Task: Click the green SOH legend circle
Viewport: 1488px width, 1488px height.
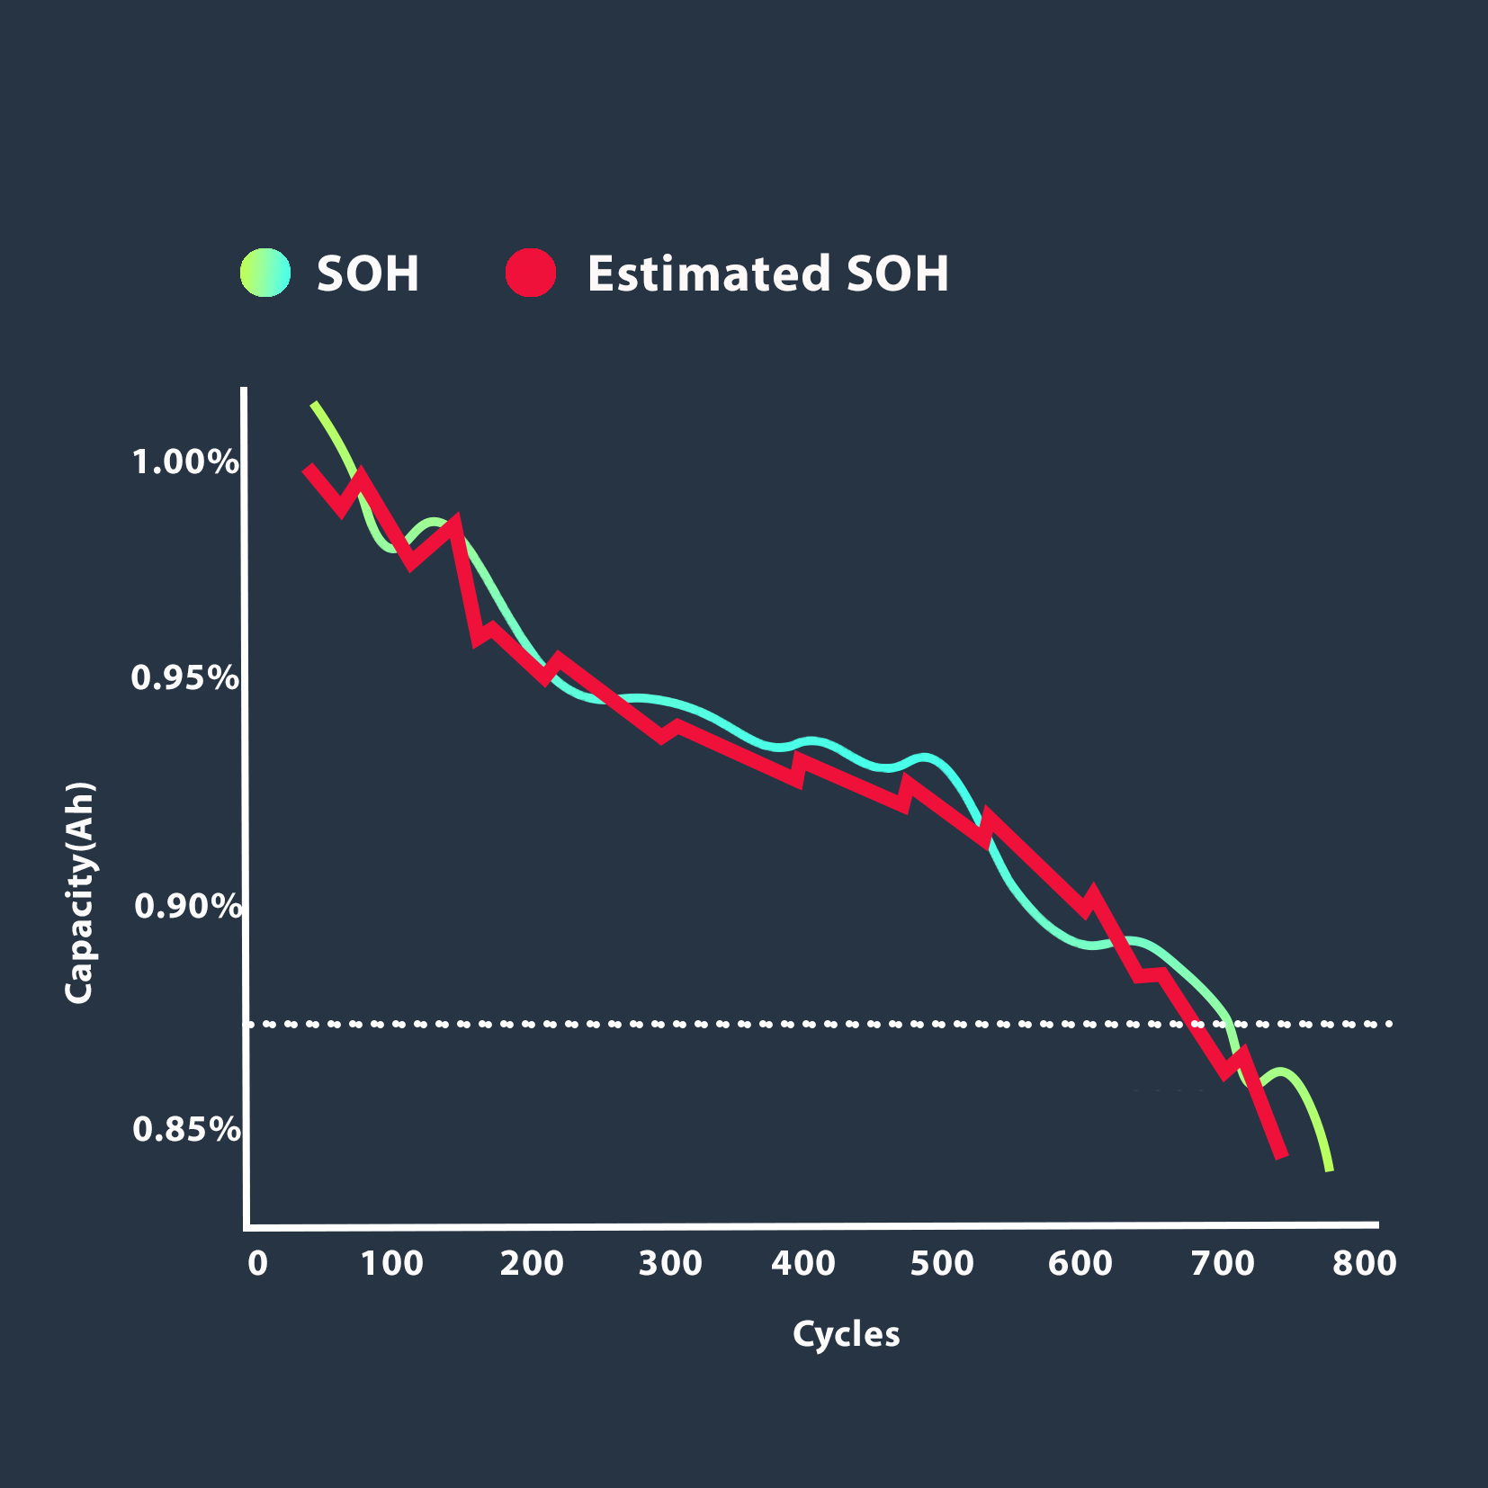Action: pos(265,273)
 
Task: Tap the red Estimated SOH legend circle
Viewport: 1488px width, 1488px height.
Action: pos(531,273)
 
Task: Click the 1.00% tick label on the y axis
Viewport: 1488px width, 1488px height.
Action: pos(185,462)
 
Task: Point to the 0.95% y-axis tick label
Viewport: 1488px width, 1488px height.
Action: pos(185,677)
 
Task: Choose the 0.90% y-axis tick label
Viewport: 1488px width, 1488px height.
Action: pos(187,906)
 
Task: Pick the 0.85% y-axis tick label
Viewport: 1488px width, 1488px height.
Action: pos(186,1129)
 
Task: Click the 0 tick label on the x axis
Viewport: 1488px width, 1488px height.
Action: pos(258,1264)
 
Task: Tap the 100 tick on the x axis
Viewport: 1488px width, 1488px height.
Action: pos(392,1264)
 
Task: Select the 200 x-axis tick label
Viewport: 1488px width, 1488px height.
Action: pos(532,1264)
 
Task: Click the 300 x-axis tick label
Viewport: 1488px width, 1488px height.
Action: pos(670,1264)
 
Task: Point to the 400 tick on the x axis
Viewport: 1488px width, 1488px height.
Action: pos(803,1264)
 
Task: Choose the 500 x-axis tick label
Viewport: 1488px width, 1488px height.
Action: pos(942,1264)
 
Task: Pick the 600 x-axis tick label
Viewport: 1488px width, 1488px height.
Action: pos(1080,1264)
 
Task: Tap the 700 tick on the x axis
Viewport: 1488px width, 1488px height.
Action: pos(1223,1264)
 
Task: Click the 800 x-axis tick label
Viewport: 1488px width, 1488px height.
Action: pos(1365,1264)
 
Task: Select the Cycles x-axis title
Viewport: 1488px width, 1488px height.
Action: pos(846,1334)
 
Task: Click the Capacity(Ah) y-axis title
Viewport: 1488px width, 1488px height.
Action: pos(79,892)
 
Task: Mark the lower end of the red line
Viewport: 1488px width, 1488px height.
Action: pos(1282,1155)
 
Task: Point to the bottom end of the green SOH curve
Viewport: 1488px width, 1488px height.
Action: pos(1330,1169)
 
